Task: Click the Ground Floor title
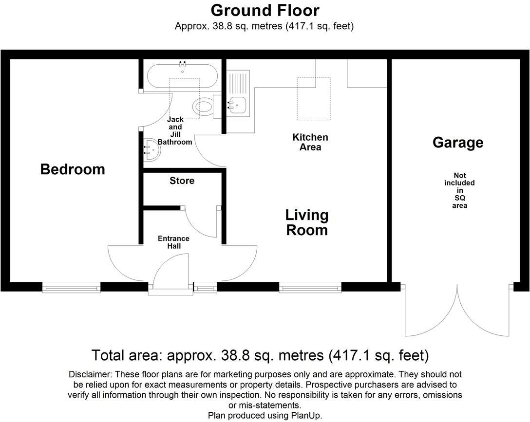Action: [265, 10]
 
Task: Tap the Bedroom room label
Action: [73, 169]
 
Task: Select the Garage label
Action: [458, 143]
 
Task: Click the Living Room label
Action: [306, 222]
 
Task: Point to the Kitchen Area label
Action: [310, 142]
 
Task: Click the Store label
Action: [182, 181]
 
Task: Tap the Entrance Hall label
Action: [173, 242]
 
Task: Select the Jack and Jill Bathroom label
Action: [175, 131]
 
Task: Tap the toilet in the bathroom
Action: [203, 106]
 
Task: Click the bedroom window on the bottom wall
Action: [72, 288]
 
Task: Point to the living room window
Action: [310, 288]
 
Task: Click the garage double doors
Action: [457, 312]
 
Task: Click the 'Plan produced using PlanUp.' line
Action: [265, 415]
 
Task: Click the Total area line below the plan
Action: [260, 355]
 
